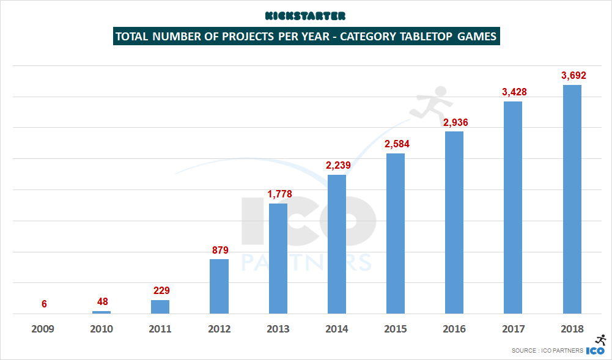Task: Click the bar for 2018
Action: point(572,199)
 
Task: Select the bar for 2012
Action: point(219,286)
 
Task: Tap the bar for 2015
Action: point(396,233)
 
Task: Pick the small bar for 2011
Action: point(160,307)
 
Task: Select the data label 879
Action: point(219,250)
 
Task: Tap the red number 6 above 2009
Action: point(44,304)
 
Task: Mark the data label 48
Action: point(102,301)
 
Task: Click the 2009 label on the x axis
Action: point(43,329)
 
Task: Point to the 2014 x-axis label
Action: point(337,329)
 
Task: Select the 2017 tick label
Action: point(514,329)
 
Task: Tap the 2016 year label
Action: point(455,329)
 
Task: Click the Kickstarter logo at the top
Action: point(306,15)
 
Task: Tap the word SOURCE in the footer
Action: point(525,351)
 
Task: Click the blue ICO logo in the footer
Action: point(595,351)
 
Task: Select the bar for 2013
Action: point(278,259)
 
